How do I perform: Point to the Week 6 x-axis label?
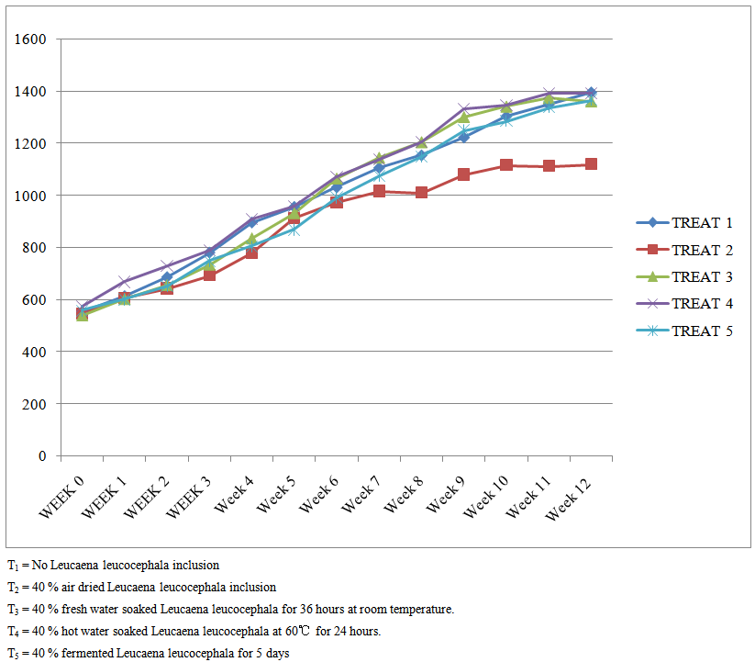(x=317, y=494)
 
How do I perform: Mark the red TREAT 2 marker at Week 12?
(x=591, y=164)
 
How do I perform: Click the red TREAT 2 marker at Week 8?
(x=421, y=193)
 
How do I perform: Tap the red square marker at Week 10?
(x=505, y=165)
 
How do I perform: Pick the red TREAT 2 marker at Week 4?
(x=251, y=252)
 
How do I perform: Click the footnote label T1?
(x=12, y=566)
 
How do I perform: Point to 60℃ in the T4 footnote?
(x=296, y=631)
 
